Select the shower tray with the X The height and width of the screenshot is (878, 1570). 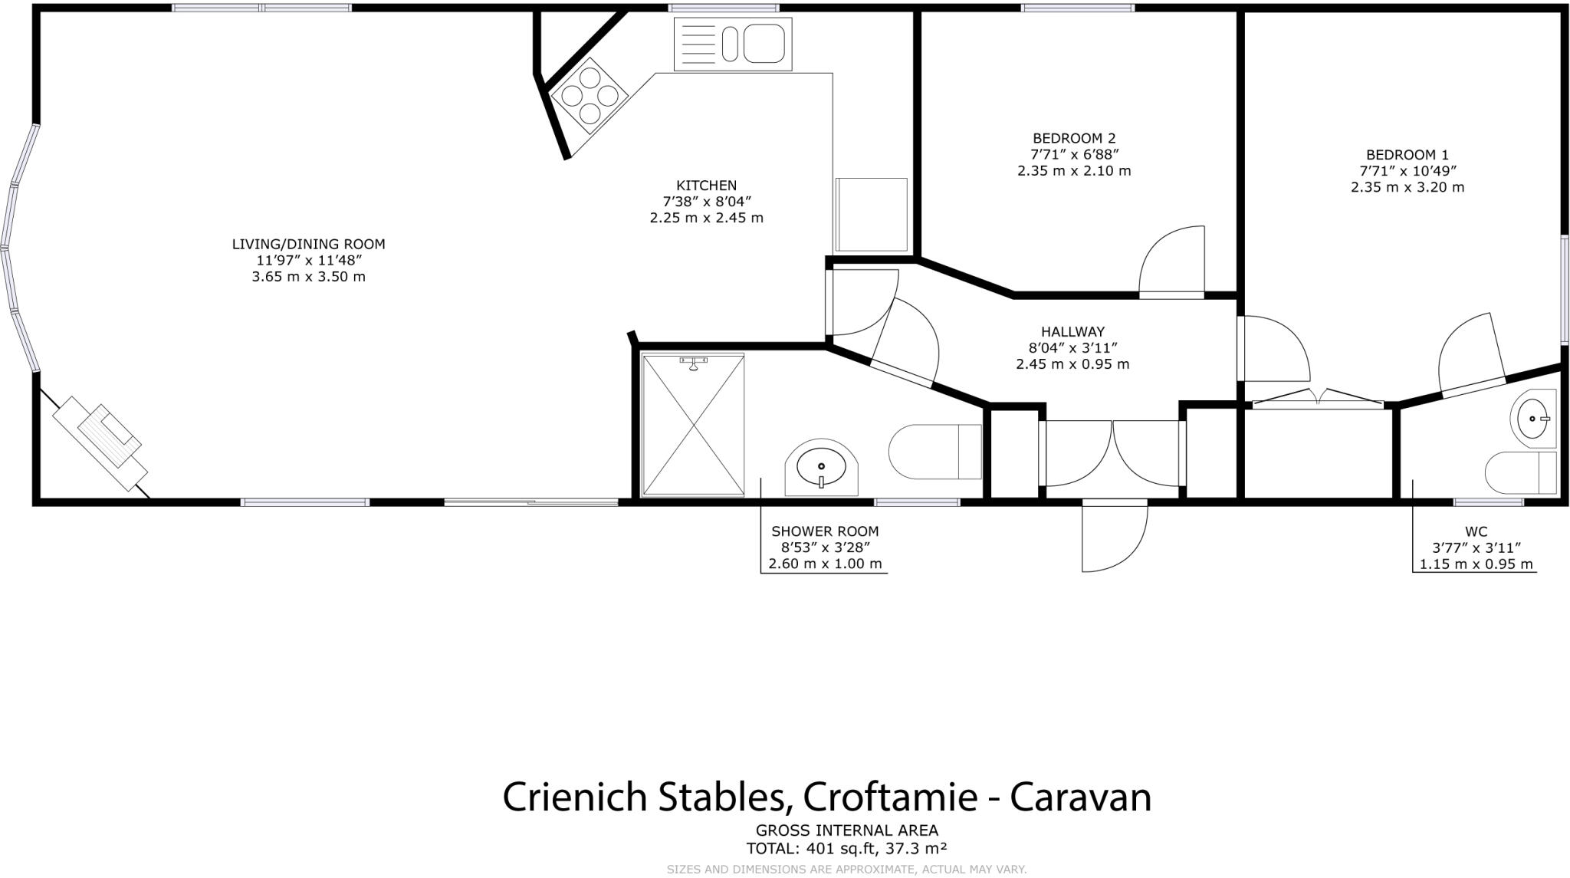[693, 424]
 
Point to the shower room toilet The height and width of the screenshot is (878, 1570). [935, 452]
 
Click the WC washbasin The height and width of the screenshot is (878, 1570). [1533, 419]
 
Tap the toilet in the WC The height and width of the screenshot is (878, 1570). [1521, 472]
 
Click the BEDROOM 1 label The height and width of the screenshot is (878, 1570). [1407, 155]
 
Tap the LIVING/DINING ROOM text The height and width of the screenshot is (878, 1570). [308, 244]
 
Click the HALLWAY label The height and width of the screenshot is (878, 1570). [1072, 331]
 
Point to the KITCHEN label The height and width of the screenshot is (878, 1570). [706, 186]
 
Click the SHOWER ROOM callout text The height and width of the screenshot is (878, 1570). [825, 531]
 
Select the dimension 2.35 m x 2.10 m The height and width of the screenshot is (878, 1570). [1073, 171]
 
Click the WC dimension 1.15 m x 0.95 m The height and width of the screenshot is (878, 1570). [1476, 564]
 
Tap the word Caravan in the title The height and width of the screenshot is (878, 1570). [1080, 797]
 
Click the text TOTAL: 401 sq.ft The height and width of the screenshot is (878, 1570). [809, 849]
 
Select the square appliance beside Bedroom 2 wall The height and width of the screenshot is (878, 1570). [871, 215]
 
